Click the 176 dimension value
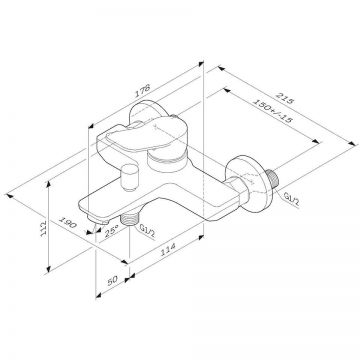coord(142,90)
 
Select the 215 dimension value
coord(285,98)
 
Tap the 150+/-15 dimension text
coord(273,111)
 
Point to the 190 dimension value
coord(68,222)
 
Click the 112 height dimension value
coord(43,228)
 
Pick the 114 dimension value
coord(167,250)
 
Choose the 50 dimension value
coord(113,280)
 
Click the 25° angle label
coord(112,231)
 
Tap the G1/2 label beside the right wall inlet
coord(292,199)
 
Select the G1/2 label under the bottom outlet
coord(148,231)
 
